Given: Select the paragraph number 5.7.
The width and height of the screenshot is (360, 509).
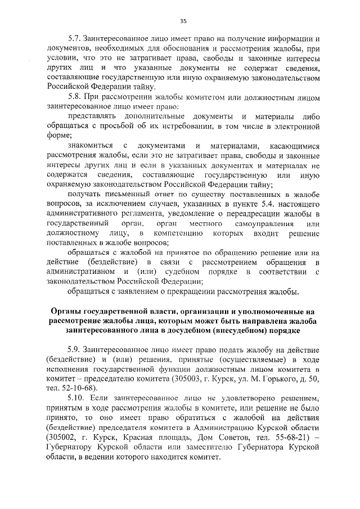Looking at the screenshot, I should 74,40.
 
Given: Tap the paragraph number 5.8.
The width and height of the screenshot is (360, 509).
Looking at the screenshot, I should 74,96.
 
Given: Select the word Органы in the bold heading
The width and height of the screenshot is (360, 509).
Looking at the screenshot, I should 65,311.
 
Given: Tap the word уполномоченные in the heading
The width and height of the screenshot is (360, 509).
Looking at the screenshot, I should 269,311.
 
